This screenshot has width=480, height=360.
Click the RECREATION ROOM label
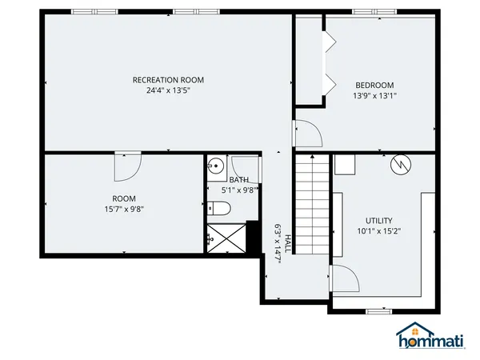click(168, 79)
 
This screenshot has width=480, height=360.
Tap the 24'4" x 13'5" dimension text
click(168, 90)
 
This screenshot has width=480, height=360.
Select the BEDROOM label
click(374, 85)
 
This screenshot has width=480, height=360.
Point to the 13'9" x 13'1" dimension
click(374, 95)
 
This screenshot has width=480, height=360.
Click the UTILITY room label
click(379, 221)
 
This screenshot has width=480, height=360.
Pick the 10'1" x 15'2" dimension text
click(379, 232)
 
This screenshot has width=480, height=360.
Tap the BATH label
click(238, 180)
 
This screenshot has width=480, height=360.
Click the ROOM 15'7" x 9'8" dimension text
click(124, 210)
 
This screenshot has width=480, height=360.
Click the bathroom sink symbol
click(214, 167)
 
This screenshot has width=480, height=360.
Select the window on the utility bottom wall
click(376, 310)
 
